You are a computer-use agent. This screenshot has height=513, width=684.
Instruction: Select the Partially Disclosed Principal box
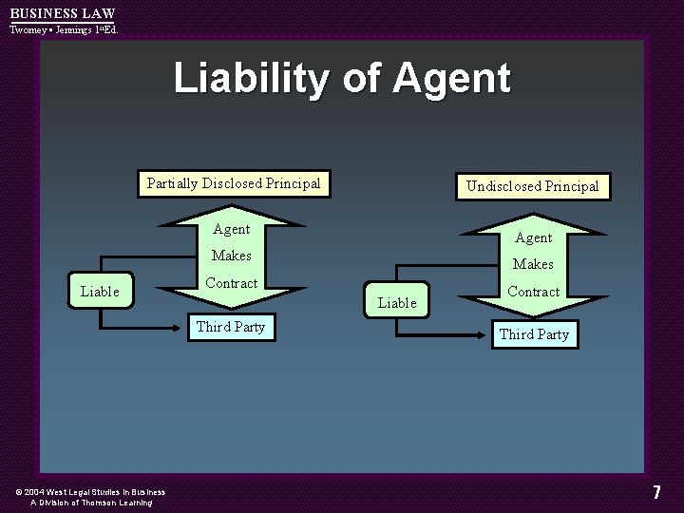[234, 183]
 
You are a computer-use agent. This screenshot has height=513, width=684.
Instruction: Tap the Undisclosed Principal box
[532, 186]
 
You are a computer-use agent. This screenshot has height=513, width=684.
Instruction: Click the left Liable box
[100, 292]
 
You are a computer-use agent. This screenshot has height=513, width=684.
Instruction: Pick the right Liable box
[397, 303]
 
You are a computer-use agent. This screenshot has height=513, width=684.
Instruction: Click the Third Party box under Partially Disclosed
[231, 327]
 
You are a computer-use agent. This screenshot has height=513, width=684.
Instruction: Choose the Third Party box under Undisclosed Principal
[534, 334]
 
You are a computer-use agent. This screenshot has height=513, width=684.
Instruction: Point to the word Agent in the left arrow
[232, 229]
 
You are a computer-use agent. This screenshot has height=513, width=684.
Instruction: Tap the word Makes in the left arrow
[232, 256]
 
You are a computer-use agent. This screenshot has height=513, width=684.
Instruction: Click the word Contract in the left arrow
[232, 283]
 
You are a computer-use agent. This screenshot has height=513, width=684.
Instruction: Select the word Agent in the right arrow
[533, 237]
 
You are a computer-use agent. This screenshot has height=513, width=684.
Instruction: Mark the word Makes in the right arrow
[533, 264]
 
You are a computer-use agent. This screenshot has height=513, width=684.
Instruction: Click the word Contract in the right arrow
[533, 292]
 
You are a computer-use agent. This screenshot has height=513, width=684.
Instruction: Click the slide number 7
[656, 492]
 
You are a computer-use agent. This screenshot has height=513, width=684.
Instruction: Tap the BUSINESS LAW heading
[62, 13]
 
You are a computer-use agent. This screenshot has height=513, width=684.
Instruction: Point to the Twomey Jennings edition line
[64, 29]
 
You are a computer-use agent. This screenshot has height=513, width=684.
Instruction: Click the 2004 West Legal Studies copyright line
[90, 492]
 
